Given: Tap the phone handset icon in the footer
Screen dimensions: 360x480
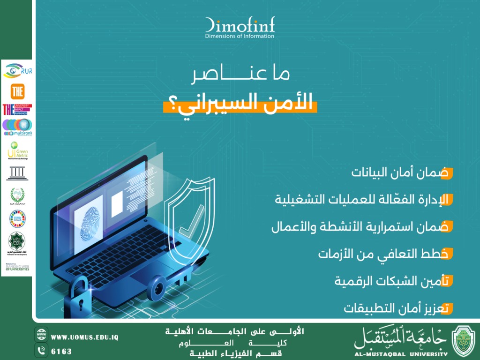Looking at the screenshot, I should tap(42, 350).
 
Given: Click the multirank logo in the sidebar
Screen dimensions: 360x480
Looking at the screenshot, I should tap(17, 127).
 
